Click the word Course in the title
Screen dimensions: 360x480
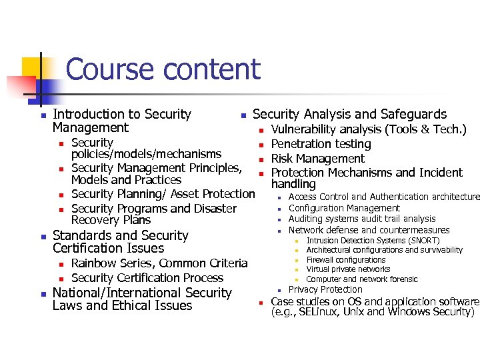click(x=109, y=69)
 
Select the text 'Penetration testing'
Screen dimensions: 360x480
click(x=321, y=144)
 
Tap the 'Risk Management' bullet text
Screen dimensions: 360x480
click(x=318, y=159)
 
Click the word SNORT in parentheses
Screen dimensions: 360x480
click(x=421, y=241)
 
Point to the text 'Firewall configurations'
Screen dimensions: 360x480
click(x=346, y=260)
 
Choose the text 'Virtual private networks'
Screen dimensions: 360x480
click(x=348, y=269)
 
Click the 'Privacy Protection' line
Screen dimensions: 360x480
click(x=325, y=289)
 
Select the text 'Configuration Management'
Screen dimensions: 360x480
click(x=344, y=208)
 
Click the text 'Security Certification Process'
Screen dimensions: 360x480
click(x=147, y=278)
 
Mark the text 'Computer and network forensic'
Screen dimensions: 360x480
click(x=362, y=279)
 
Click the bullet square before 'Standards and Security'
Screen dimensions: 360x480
click(x=42, y=237)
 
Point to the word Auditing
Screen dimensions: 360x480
click(x=306, y=219)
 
